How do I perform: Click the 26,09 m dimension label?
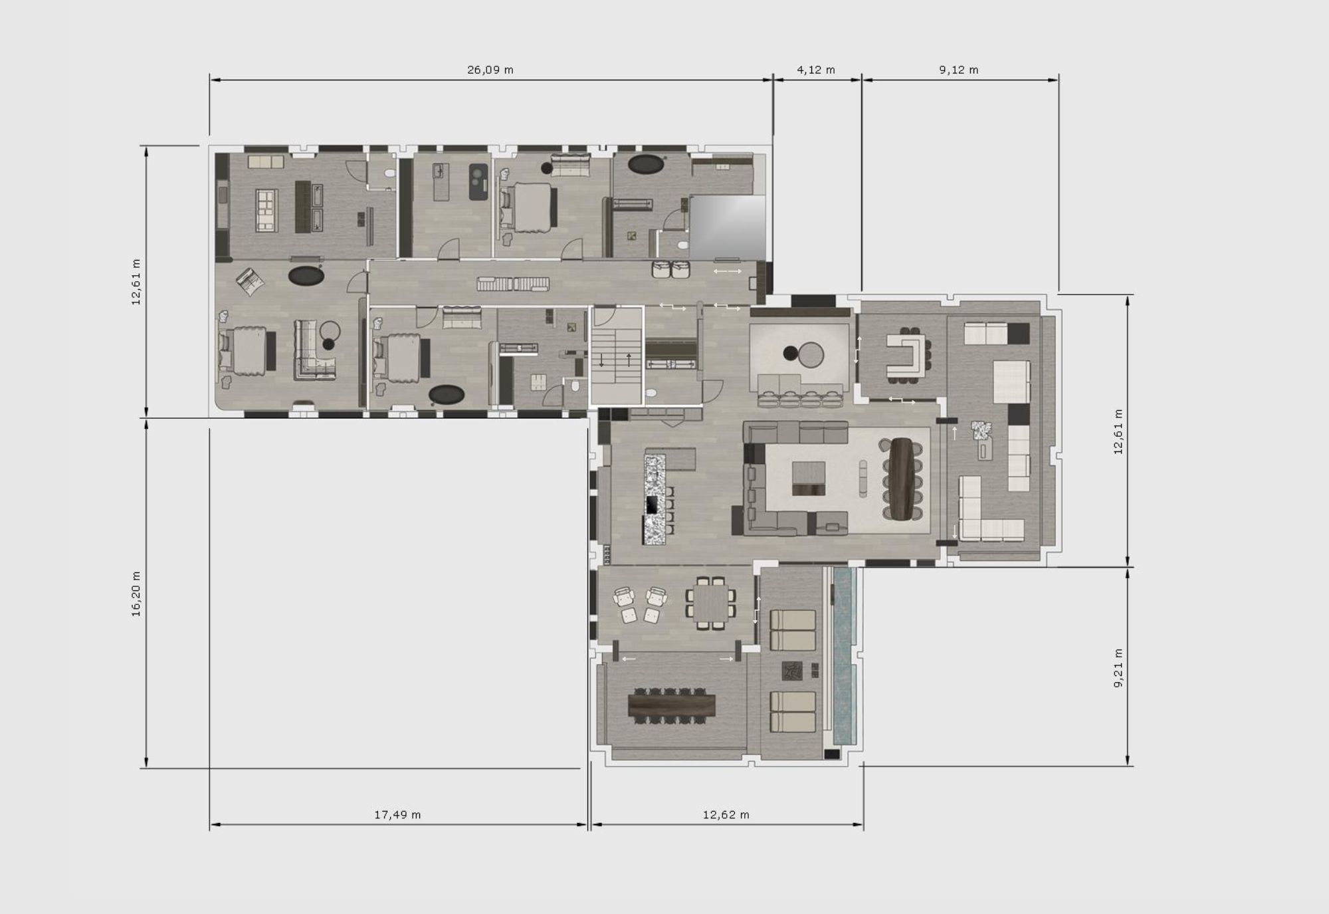[490, 70]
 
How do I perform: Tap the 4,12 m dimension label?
[816, 70]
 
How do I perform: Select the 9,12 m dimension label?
[959, 70]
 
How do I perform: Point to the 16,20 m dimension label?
[136, 594]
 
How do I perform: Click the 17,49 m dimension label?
[397, 814]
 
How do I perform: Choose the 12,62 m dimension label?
[726, 814]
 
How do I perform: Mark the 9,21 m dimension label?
[1118, 668]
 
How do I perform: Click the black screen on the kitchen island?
[652, 505]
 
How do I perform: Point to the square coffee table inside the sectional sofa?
[809, 479]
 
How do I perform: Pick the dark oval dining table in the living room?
[902, 479]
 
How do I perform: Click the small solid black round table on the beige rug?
[790, 354]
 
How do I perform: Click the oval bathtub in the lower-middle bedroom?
[447, 395]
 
